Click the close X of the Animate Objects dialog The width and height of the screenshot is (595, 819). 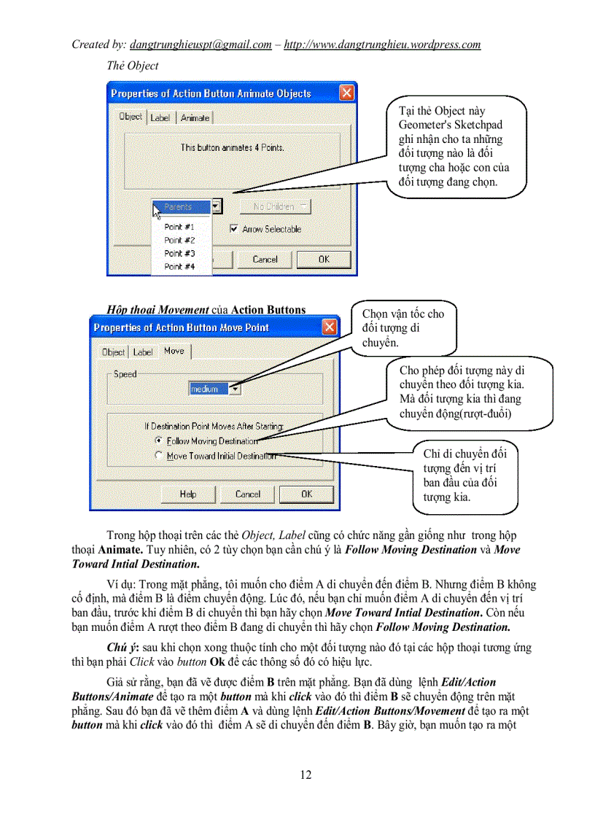point(347,93)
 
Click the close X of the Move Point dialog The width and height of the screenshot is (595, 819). point(330,327)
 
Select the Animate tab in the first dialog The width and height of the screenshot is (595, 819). point(195,117)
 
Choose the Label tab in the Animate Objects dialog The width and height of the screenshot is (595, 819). point(160,117)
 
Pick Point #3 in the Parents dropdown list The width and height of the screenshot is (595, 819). point(179,253)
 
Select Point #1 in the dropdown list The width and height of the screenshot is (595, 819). point(179,227)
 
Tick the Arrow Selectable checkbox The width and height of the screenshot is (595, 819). point(234,229)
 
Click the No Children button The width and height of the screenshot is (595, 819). point(273,207)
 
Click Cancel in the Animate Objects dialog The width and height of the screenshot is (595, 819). point(265,259)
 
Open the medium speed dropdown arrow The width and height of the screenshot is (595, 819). point(235,389)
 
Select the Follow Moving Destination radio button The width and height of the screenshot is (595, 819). point(160,440)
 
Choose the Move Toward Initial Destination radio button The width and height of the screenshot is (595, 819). point(160,456)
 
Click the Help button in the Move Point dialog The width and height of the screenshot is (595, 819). point(188,494)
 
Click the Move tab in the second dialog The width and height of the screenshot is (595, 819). point(174,351)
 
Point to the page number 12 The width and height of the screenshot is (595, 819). point(306,775)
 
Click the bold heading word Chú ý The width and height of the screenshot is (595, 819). point(122,648)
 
